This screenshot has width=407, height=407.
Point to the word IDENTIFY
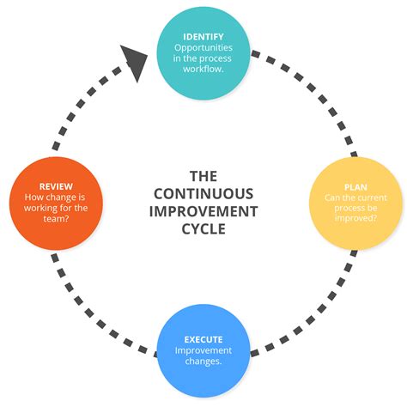[203, 36]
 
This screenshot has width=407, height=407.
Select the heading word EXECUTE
[203, 339]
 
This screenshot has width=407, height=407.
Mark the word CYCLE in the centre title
[203, 229]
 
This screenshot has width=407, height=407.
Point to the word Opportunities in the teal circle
[203, 48]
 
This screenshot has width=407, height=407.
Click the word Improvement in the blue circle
[203, 350]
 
